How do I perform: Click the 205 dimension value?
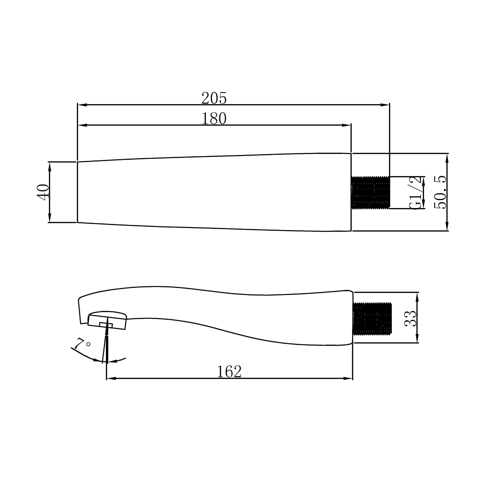point(214,98)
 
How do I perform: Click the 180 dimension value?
point(214,119)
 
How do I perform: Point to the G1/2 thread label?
point(415,192)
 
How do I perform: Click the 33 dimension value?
point(411,318)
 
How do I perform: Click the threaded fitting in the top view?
point(371,192)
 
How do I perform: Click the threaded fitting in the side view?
point(372,319)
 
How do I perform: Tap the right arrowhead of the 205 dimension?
point(386,105)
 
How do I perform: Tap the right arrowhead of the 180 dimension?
point(347,125)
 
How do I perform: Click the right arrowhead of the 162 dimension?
point(348,379)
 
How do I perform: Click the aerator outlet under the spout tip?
point(107,322)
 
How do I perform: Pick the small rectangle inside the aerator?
point(106,325)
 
